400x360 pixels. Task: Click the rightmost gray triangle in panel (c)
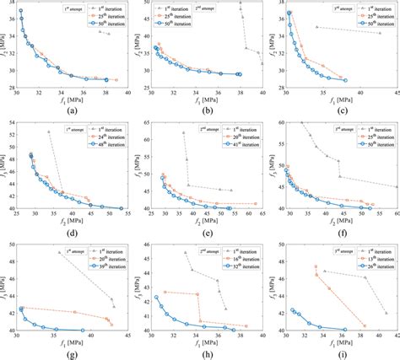tap(380, 33)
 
